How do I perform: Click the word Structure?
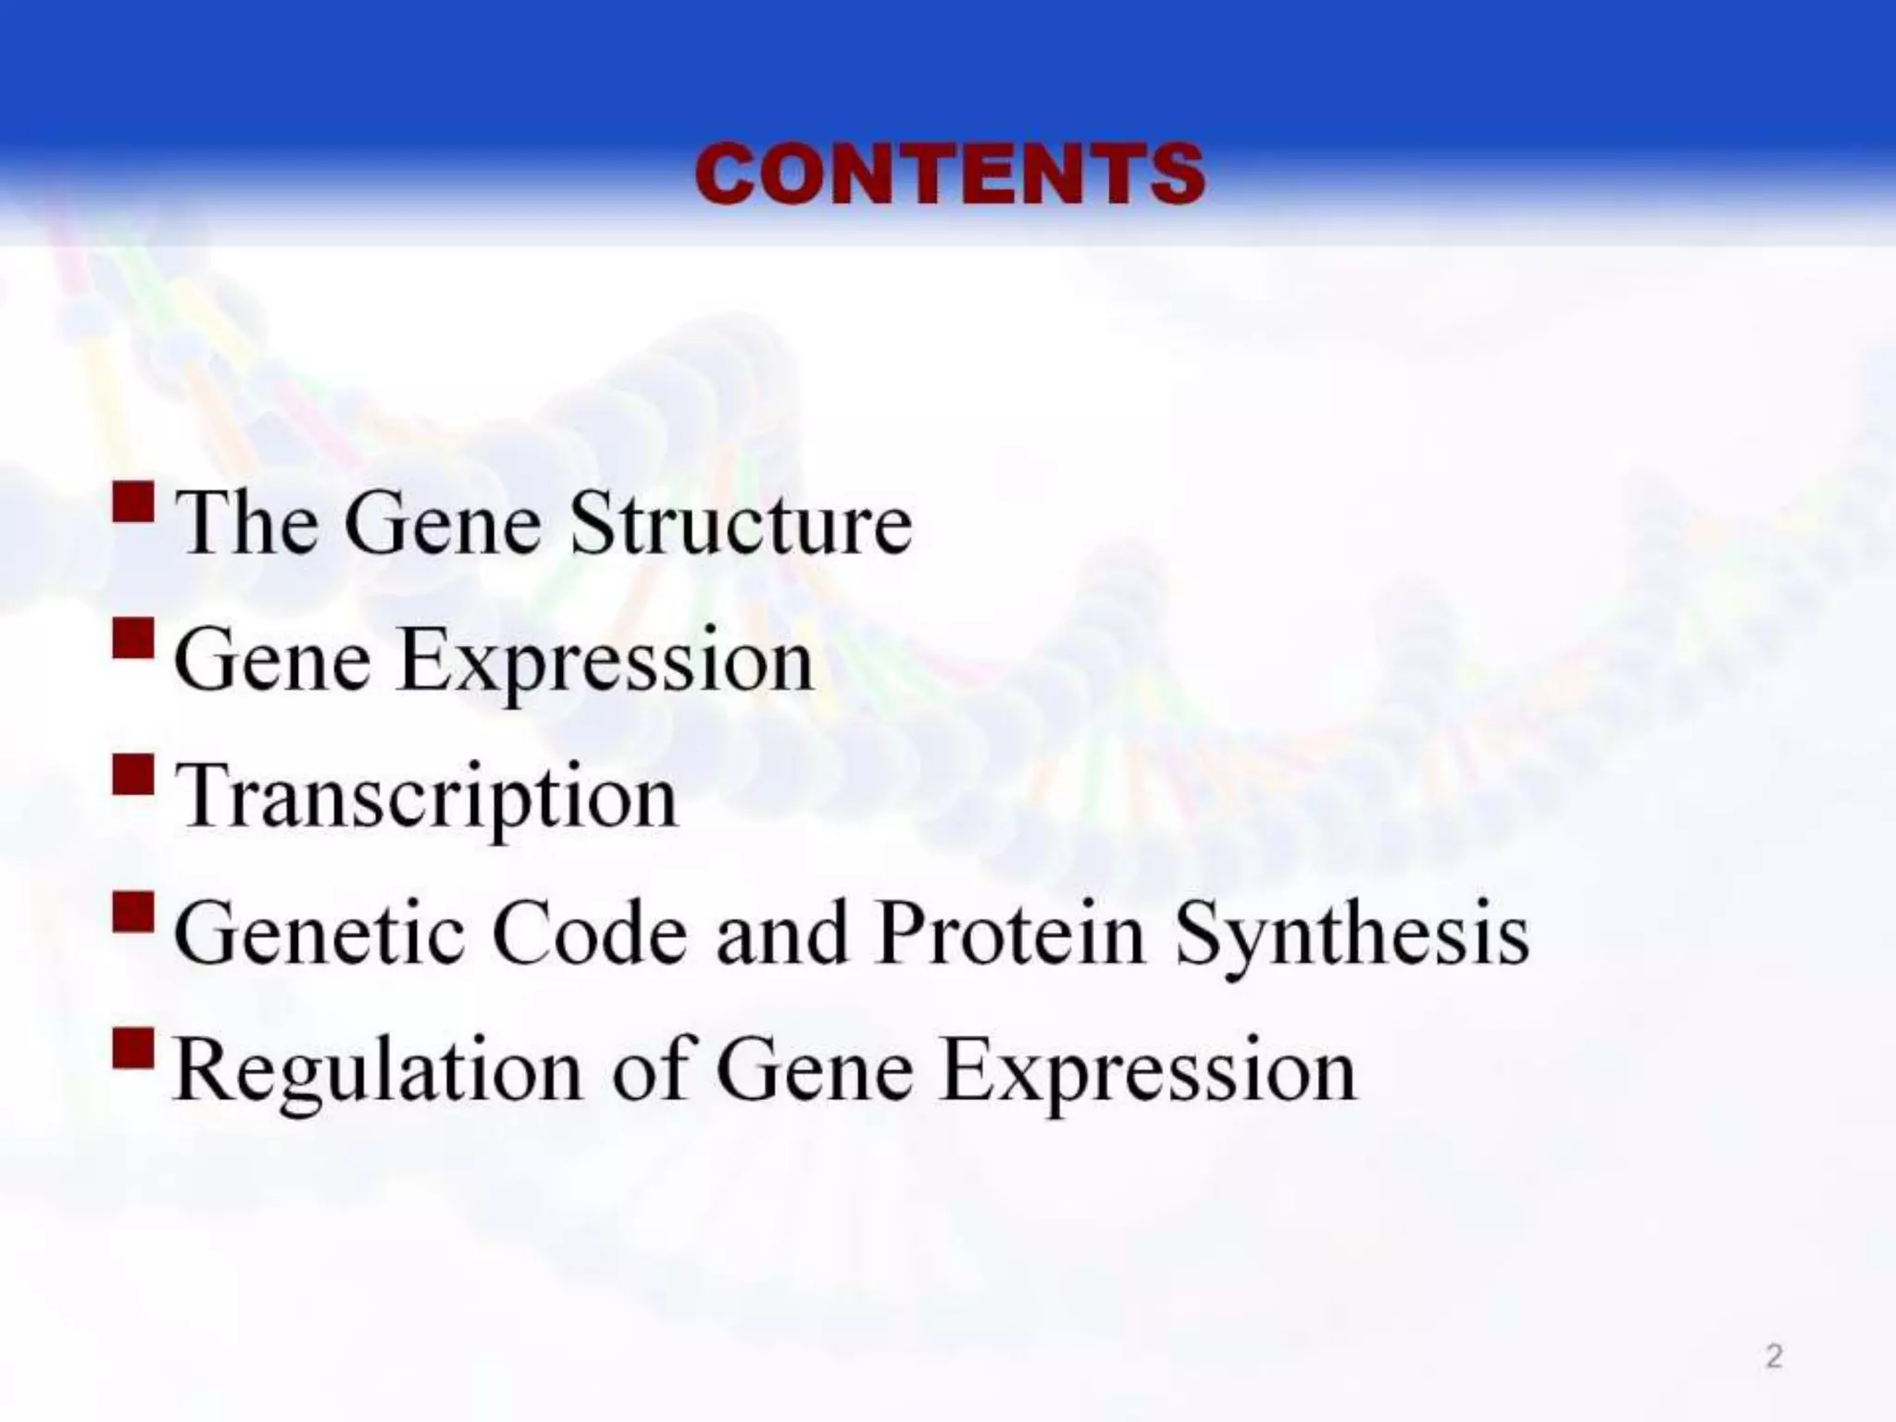point(741,524)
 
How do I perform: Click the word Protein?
point(1011,933)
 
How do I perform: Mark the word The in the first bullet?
point(246,524)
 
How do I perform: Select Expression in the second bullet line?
point(606,663)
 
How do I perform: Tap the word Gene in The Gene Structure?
point(443,524)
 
